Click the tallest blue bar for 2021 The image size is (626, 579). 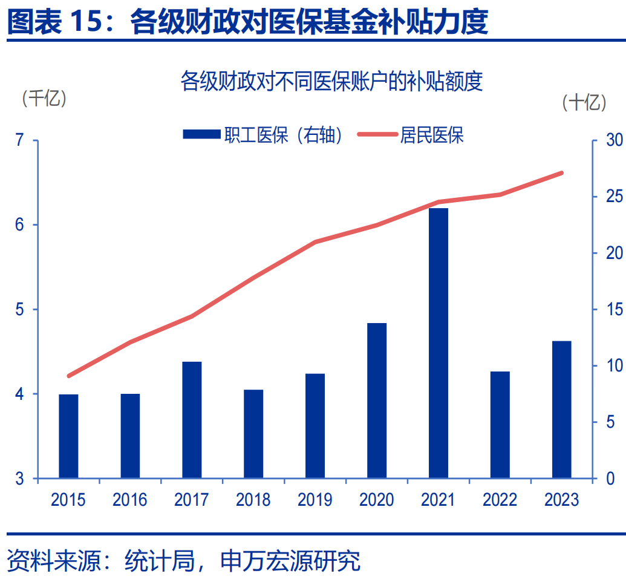(x=439, y=343)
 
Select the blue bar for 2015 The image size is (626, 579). (x=68, y=436)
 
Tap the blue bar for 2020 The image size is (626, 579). (x=377, y=401)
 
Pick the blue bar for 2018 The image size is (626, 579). (x=253, y=434)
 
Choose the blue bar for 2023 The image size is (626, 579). (x=562, y=410)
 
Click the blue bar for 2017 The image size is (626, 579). (x=192, y=420)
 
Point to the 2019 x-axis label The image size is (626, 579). (x=315, y=500)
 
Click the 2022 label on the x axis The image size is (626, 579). (x=500, y=500)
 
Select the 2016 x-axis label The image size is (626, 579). (x=129, y=500)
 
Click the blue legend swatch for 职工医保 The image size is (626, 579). (x=201, y=135)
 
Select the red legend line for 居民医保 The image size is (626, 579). (x=376, y=135)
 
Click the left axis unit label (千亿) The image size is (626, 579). (x=44, y=98)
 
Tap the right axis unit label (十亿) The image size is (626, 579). (x=584, y=102)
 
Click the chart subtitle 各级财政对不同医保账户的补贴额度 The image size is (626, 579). (x=331, y=80)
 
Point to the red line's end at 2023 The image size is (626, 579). (x=562, y=173)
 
